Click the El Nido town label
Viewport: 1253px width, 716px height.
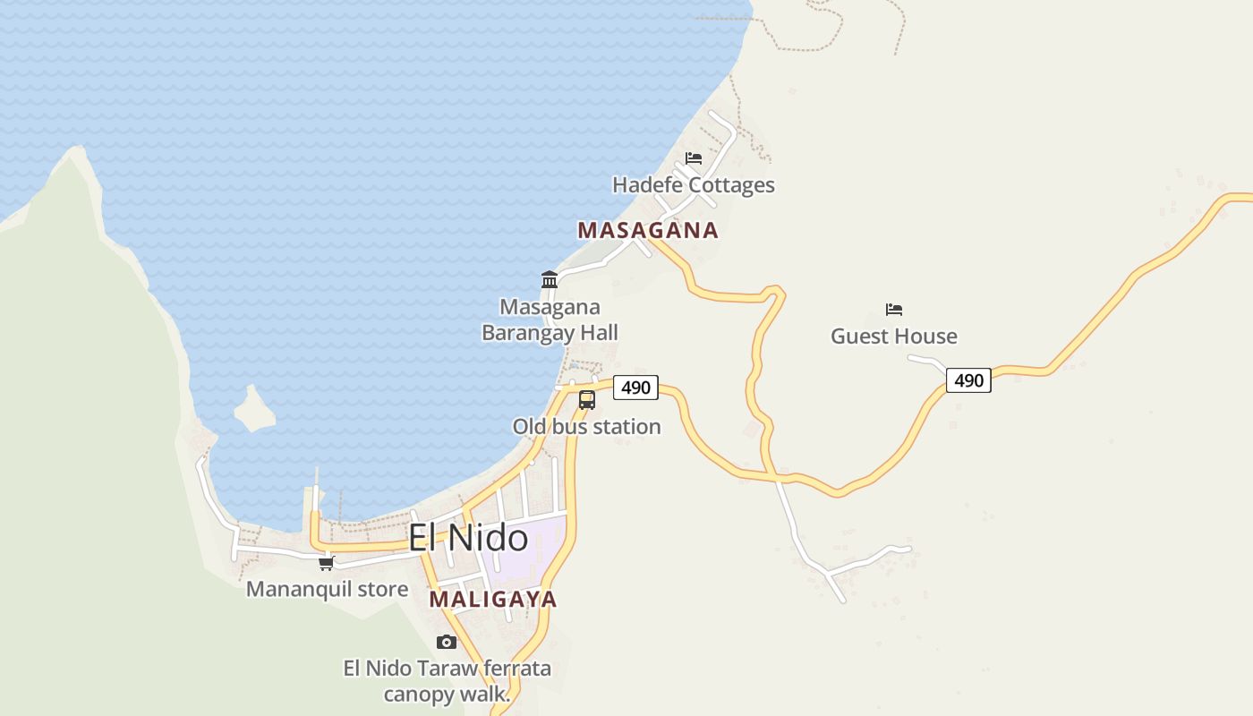click(468, 538)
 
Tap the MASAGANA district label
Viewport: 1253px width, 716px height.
click(647, 231)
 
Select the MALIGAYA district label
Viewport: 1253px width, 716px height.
click(492, 600)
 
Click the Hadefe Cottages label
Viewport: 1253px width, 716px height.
click(693, 185)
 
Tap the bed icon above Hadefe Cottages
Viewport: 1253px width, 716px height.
click(693, 158)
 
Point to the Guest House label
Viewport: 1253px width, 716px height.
click(893, 337)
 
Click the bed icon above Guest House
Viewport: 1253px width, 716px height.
click(893, 310)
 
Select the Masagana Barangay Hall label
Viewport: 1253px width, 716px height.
click(550, 320)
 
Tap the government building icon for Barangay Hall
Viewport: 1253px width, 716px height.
click(550, 279)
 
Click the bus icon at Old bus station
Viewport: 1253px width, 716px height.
click(587, 400)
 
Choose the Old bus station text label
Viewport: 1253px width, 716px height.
click(586, 427)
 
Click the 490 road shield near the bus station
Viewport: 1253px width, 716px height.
click(635, 388)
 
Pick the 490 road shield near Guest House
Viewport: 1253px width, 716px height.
click(968, 380)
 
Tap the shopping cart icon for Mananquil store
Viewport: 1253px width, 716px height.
click(327, 563)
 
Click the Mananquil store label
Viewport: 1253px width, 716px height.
click(327, 590)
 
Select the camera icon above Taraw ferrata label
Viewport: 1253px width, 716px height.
click(446, 642)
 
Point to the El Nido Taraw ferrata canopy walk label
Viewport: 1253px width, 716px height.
click(447, 681)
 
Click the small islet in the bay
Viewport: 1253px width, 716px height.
click(254, 409)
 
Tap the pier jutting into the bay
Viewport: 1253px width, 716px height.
click(316, 488)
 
